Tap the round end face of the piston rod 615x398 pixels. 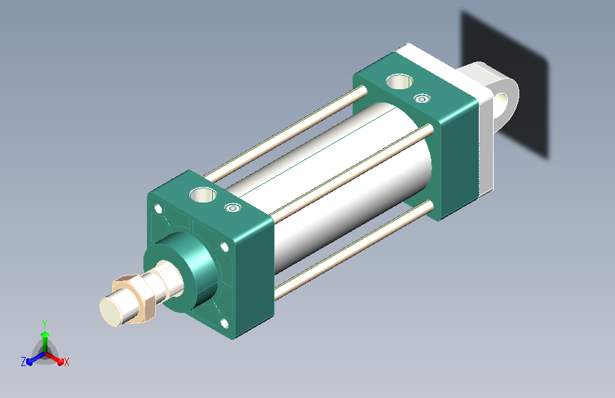(113, 312)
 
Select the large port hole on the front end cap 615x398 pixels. (203, 194)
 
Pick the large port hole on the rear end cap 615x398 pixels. (399, 82)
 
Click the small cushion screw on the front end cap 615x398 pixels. (233, 207)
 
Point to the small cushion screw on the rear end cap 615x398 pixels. (421, 98)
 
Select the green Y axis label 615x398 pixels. (45, 324)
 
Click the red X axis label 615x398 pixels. (66, 362)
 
